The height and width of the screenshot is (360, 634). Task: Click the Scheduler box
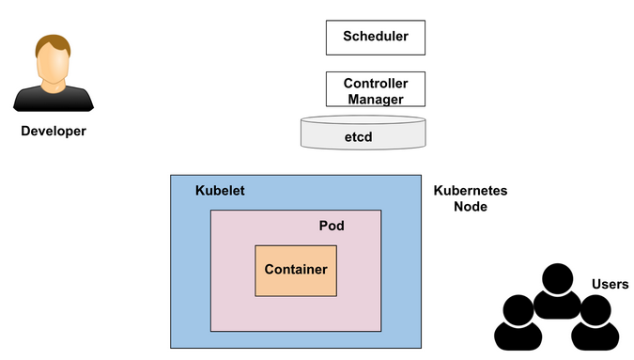[374, 38]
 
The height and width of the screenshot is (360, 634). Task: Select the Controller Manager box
[374, 90]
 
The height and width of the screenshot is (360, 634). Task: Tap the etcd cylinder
[363, 135]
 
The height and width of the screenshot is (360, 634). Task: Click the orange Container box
[296, 270]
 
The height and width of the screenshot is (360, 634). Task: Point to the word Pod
[332, 227]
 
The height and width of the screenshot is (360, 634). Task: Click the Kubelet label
[220, 191]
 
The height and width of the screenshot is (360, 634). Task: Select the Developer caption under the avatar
[54, 131]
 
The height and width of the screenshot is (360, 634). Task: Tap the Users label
[611, 284]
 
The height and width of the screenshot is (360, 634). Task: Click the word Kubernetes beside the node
[471, 191]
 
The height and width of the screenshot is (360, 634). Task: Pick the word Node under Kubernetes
[471, 207]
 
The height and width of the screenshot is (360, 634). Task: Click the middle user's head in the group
[556, 278]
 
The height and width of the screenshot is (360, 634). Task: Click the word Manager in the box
[375, 99]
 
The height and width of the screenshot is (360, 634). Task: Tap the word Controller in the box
[375, 83]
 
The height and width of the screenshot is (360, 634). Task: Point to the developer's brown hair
[54, 43]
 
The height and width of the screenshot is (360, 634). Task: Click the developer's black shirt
[54, 100]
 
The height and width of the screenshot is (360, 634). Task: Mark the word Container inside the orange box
[296, 270]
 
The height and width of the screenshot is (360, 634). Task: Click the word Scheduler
[374, 38]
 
